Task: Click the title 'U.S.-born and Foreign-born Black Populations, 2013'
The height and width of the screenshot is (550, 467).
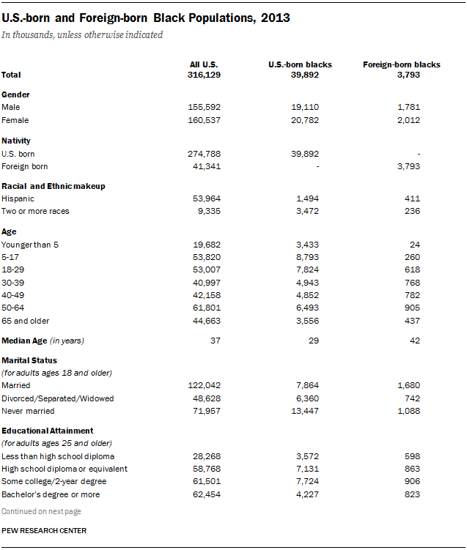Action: tap(146, 18)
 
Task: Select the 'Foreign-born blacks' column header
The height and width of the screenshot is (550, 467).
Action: tap(401, 64)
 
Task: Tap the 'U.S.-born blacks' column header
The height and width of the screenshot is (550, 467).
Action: tap(300, 64)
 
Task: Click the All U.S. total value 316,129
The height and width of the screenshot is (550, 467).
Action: tap(205, 75)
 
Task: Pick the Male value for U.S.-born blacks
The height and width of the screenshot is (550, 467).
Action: tap(306, 107)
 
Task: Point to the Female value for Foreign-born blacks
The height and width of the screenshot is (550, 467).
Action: tap(408, 120)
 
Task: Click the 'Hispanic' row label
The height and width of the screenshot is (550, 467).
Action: tap(18, 198)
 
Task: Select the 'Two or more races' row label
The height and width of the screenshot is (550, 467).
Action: tap(35, 212)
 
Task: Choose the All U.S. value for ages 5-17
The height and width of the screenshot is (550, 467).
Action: tap(205, 257)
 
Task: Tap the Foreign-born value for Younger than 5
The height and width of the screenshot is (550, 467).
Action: tap(414, 244)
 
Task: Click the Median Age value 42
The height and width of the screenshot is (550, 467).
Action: tap(414, 341)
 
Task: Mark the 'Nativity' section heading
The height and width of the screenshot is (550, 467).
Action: tap(16, 140)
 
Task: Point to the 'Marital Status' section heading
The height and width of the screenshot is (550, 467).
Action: tap(29, 360)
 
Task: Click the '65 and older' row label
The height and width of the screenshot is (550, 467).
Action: tap(26, 322)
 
